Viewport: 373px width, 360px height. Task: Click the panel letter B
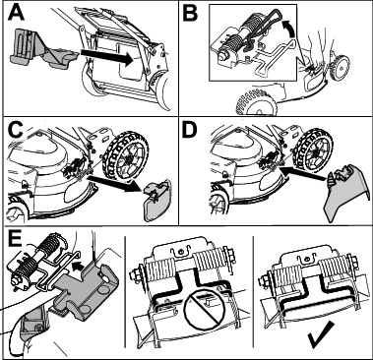pos(190,13)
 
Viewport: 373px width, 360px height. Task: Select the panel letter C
pos(15,131)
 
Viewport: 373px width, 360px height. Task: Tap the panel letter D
pos(190,131)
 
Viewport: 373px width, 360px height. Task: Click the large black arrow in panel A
pos(106,55)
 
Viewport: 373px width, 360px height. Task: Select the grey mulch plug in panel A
pos(42,49)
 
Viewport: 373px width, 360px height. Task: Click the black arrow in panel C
pos(115,183)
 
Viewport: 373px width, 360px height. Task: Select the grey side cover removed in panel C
pos(155,200)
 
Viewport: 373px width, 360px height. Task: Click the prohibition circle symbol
pos(204,306)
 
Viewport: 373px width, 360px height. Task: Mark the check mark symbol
pos(320,334)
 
